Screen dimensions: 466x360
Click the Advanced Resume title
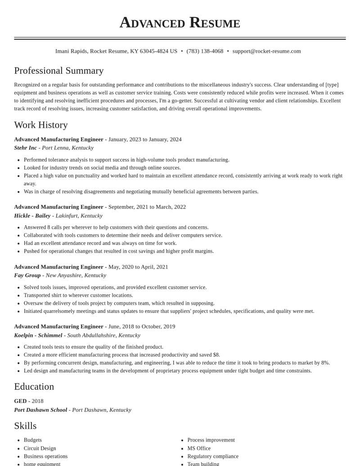coord(180,23)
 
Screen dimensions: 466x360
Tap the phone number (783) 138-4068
coord(205,51)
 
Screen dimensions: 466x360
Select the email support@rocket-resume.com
coord(266,51)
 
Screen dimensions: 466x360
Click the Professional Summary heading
coord(59,71)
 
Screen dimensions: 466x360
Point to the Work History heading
coord(41,125)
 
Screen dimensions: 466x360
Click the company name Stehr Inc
coord(26,148)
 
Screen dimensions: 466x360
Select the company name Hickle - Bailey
coord(32,216)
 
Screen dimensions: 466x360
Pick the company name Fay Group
coord(27,275)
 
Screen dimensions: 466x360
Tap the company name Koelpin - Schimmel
coord(38,335)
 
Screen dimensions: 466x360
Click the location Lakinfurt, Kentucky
coord(79,216)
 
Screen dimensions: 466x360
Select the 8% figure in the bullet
coord(324,363)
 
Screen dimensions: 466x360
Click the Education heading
coord(34,387)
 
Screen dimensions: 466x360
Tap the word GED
coord(20,401)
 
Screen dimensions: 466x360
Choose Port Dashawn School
coord(40,410)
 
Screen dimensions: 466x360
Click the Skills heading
coord(25,426)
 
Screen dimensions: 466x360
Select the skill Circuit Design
coord(40,448)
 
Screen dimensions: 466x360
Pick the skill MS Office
coord(199,448)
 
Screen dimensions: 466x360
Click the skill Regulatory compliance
coord(213,457)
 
